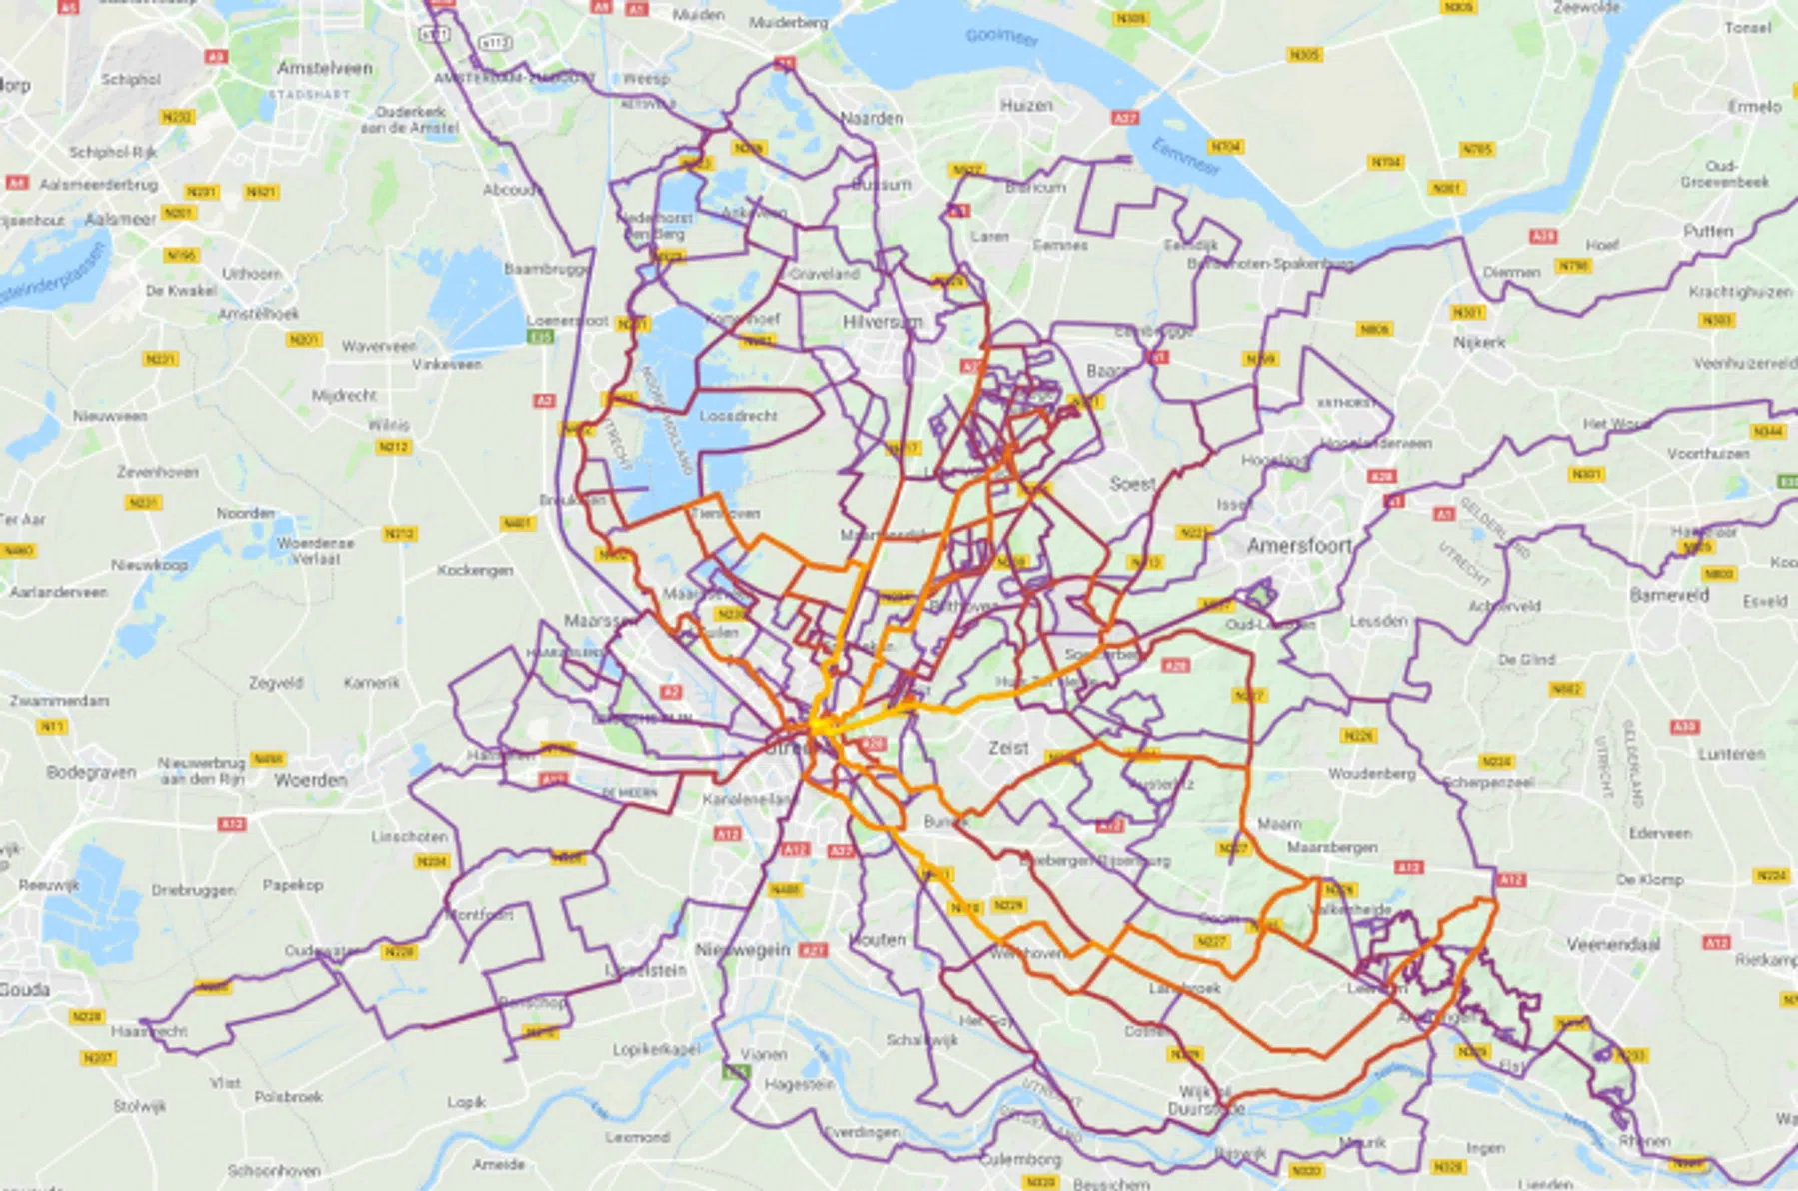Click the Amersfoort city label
point(1299,546)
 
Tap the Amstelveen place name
point(325,68)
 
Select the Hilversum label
point(882,322)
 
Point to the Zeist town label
point(1008,747)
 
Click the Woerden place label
point(310,779)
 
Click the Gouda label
point(24,989)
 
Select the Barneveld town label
point(1669,595)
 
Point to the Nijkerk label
point(1479,342)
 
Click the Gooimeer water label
point(1001,37)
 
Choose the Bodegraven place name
point(91,772)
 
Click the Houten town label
point(879,939)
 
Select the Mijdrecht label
point(344,395)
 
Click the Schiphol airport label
point(130,79)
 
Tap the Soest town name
point(1132,484)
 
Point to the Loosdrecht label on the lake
point(738,416)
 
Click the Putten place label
point(1708,231)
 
